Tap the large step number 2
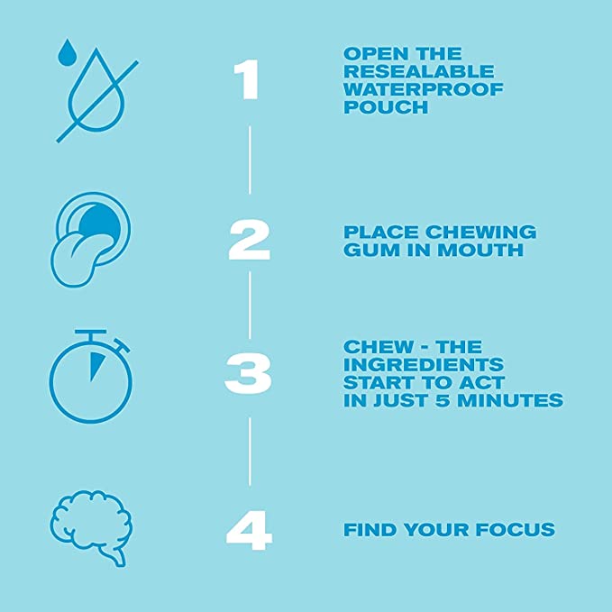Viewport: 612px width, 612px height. coord(249,241)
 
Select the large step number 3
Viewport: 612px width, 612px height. coord(249,374)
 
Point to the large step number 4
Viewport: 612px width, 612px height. coord(249,531)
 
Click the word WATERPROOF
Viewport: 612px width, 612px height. coord(424,89)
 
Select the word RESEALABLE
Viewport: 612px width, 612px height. coord(419,71)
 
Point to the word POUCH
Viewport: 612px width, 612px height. coord(385,108)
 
